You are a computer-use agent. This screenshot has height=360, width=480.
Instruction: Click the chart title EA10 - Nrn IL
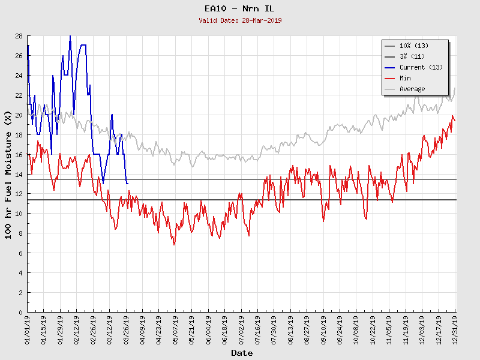tap(239, 8)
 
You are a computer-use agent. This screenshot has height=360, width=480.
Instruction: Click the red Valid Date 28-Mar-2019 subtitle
tap(240, 20)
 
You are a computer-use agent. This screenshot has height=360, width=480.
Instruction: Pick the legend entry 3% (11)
tap(413, 56)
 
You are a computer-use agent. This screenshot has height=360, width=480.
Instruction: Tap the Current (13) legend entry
tap(421, 67)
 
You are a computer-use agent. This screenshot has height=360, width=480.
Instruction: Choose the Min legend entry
tap(405, 78)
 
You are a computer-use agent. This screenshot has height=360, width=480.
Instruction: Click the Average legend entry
tap(412, 89)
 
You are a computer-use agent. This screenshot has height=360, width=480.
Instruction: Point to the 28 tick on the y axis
tap(19, 36)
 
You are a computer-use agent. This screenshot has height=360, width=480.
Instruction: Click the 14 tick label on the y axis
tap(19, 174)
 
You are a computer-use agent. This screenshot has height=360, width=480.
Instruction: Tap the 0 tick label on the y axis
tap(20, 312)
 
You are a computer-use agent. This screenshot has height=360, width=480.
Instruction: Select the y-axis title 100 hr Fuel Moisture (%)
tap(8, 174)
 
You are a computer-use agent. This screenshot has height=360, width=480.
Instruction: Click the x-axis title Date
tap(242, 353)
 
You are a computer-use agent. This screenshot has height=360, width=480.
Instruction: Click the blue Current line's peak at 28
tap(70, 37)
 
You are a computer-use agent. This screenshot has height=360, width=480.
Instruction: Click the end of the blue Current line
tap(127, 183)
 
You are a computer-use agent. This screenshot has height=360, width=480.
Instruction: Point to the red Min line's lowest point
tap(174, 244)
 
